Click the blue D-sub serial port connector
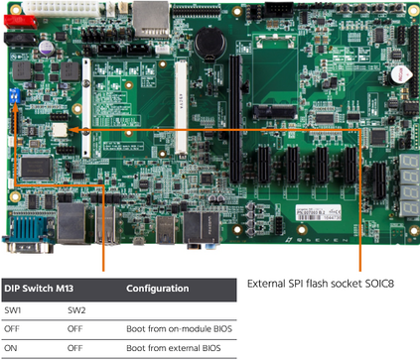24,236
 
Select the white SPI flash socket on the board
61,128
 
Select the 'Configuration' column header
158,289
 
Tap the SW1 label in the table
13,310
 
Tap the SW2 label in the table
76,310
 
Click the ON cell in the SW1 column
11,348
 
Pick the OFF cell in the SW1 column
12,329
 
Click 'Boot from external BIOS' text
168,348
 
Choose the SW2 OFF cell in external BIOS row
75,348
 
